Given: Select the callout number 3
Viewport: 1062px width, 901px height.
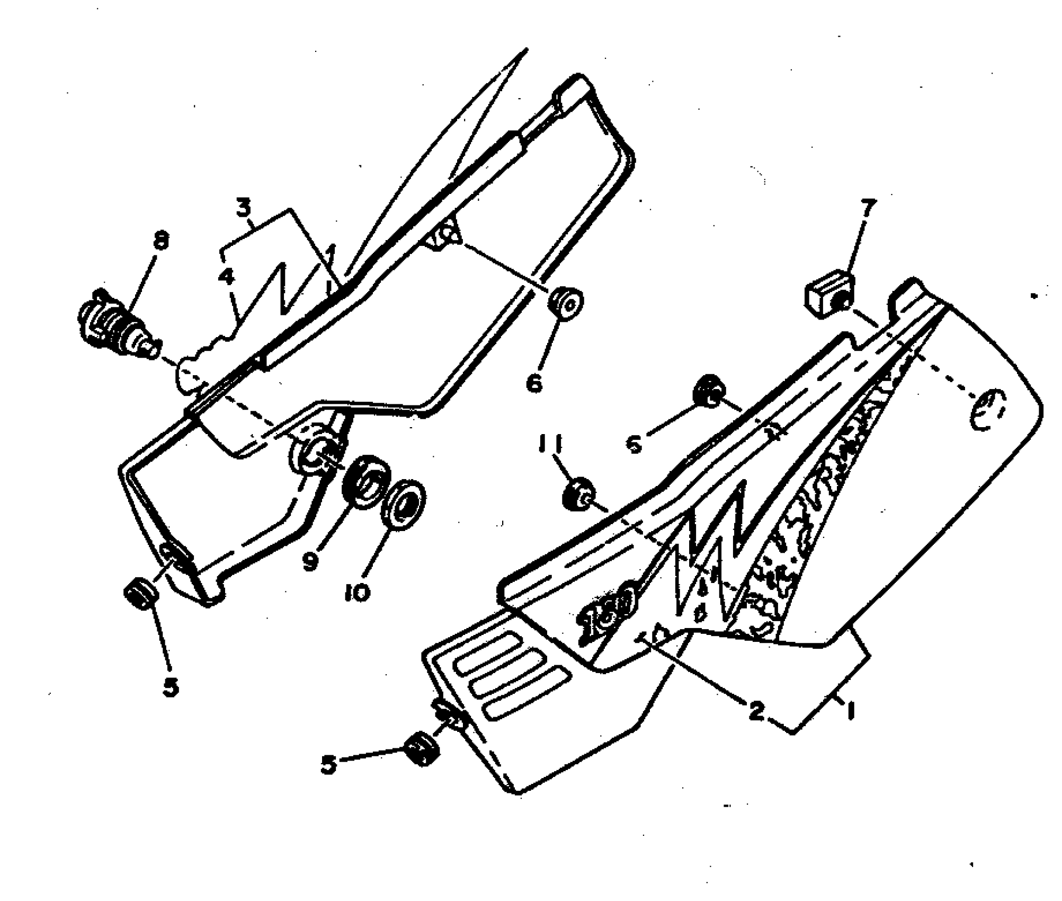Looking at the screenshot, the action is (243, 209).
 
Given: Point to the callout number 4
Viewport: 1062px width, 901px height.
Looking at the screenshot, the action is (226, 276).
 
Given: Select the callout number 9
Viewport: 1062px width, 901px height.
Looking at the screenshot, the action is (311, 561).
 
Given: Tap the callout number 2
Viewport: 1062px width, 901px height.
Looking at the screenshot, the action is (756, 711).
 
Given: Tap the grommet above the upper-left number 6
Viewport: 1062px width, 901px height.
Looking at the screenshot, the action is (566, 305).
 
